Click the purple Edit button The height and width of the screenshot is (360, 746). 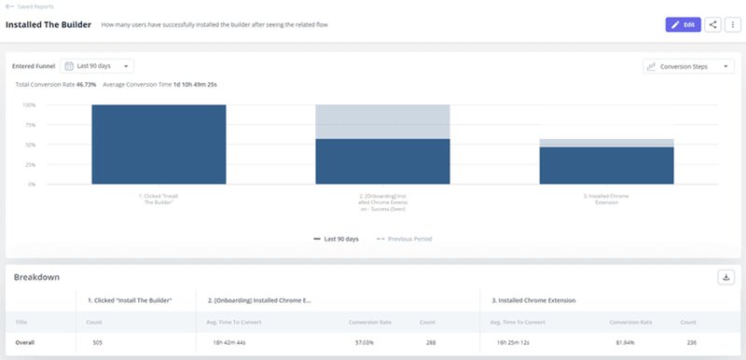click(683, 24)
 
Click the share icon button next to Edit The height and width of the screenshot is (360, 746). click(713, 24)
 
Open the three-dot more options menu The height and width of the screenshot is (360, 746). click(732, 24)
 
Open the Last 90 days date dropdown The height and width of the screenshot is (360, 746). click(97, 66)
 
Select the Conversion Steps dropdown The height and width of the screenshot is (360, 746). click(688, 67)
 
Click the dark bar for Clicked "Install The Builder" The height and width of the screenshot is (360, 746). click(159, 145)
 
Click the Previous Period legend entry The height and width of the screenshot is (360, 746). click(404, 239)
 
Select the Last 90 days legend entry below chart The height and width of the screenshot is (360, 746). click(337, 239)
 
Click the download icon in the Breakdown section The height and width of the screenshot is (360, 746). click(725, 277)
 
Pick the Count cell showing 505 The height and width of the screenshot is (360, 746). click(98, 342)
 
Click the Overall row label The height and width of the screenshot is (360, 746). click(25, 342)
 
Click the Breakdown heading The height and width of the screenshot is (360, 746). click(36, 277)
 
